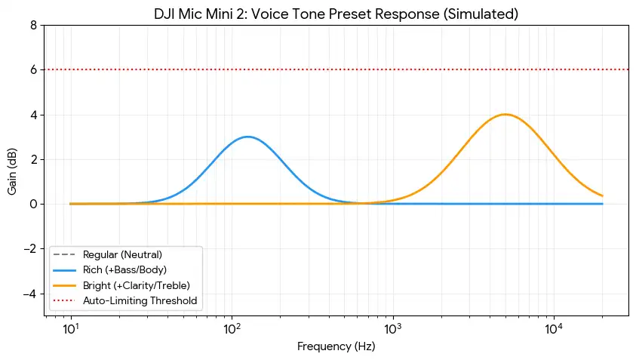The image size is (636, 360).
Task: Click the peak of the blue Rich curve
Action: [x=247, y=137]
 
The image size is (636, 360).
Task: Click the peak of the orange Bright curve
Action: [x=505, y=115]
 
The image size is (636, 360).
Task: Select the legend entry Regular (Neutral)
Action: [x=122, y=254]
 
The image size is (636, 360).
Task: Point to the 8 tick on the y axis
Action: [x=32, y=25]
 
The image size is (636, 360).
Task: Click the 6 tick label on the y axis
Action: [x=32, y=69]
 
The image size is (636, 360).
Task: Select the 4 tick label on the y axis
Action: [x=32, y=115]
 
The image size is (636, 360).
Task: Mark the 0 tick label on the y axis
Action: [x=32, y=204]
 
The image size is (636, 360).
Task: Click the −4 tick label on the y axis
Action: [x=29, y=294]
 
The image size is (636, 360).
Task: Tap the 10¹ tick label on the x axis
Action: [x=71, y=330]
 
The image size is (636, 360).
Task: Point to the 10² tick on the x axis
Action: [x=232, y=330]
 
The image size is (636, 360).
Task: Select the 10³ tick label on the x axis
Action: [x=392, y=330]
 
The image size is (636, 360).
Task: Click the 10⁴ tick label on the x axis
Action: [x=554, y=330]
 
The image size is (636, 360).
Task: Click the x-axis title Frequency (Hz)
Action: [x=336, y=347]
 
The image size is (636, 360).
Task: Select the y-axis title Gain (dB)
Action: [x=12, y=170]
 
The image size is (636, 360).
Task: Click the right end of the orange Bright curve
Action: [x=602, y=196]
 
